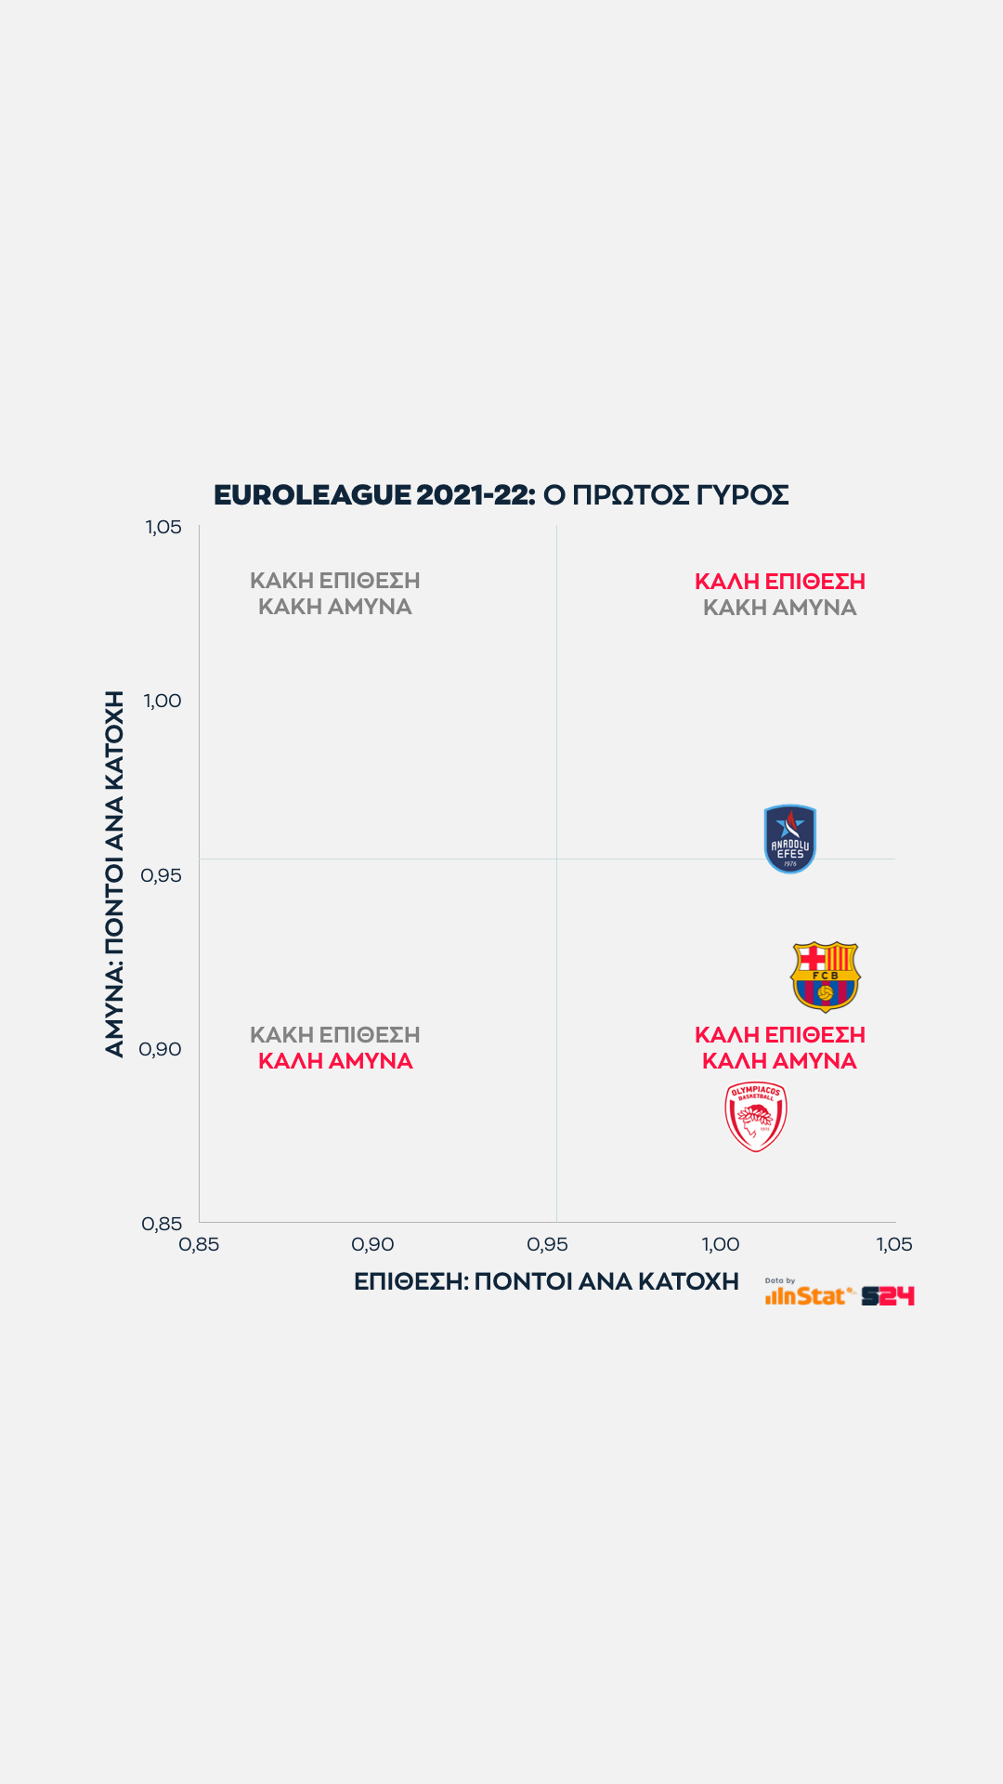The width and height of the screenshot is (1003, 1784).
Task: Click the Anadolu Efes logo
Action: (x=789, y=839)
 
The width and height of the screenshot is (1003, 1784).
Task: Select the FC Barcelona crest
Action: (x=825, y=976)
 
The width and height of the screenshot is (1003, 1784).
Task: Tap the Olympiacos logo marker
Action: (x=756, y=1117)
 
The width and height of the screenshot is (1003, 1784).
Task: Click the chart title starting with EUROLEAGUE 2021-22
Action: (x=501, y=494)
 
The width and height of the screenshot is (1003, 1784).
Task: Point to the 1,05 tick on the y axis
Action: (x=163, y=527)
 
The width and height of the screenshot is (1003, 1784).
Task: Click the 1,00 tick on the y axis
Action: (x=163, y=701)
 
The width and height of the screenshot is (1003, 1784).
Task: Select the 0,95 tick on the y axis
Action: (x=161, y=875)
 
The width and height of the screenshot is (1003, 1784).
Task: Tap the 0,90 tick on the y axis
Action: (x=161, y=1049)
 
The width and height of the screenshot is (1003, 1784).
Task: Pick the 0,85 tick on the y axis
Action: (x=162, y=1224)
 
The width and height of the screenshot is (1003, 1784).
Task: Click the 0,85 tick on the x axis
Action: (x=199, y=1244)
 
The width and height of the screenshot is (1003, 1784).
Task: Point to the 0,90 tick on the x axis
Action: (x=372, y=1244)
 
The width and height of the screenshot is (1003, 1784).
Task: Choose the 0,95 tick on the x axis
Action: (x=547, y=1244)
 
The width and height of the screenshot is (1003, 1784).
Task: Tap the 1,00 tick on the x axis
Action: (x=721, y=1244)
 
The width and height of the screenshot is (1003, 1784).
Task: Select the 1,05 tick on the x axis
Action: (x=894, y=1244)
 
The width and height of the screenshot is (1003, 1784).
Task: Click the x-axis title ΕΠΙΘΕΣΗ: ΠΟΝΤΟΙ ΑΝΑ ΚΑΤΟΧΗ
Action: (x=546, y=1281)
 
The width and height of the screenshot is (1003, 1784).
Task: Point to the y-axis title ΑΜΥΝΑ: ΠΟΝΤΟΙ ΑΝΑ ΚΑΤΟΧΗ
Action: (x=114, y=873)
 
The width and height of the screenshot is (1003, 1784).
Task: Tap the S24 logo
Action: (x=888, y=1295)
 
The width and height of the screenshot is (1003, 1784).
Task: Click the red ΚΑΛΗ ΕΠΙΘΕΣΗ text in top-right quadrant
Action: (x=780, y=582)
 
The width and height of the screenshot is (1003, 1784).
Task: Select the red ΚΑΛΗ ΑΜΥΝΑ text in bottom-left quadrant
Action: (x=335, y=1061)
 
